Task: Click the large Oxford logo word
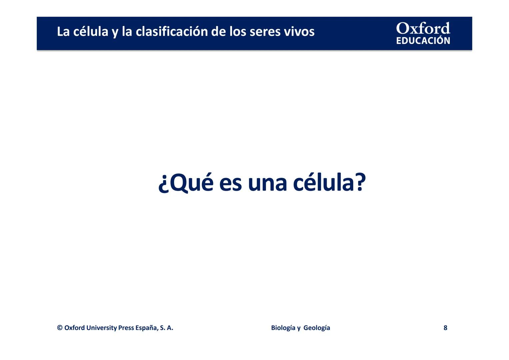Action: [423, 28]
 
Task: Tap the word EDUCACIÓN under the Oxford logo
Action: [423, 41]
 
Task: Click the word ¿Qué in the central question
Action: [186, 183]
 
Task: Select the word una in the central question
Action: [267, 183]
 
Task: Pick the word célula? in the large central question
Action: [329, 183]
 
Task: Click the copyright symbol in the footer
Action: [60, 328]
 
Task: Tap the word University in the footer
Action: [101, 328]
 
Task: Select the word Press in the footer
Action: [126, 328]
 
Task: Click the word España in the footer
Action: [146, 328]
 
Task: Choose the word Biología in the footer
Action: [283, 328]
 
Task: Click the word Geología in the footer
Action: [317, 328]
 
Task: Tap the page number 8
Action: [445, 328]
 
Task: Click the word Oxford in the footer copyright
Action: [74, 328]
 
